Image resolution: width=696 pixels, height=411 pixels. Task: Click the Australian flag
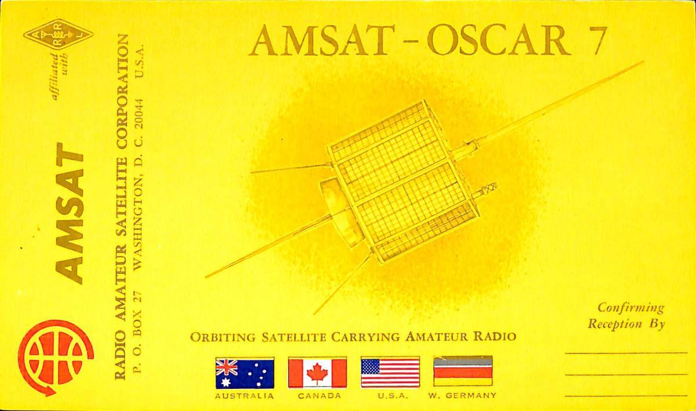[244, 373]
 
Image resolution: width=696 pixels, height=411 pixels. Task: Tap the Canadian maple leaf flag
[317, 373]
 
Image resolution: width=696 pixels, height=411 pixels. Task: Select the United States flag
[390, 373]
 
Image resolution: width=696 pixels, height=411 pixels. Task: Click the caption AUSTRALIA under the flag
[244, 396]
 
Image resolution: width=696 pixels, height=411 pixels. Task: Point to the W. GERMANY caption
[462, 396]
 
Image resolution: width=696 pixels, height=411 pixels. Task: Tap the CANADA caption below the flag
[317, 396]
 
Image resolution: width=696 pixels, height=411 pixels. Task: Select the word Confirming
[631, 308]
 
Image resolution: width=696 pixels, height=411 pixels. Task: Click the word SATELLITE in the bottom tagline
[295, 337]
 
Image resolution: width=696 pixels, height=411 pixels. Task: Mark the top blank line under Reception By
[625, 352]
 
